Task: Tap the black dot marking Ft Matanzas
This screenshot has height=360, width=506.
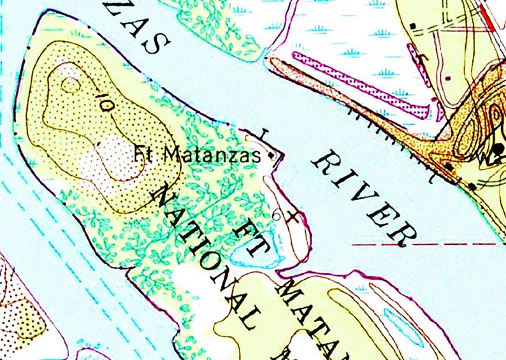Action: pyautogui.click(x=272, y=155)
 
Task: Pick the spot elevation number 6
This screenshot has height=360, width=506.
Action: pyautogui.click(x=276, y=215)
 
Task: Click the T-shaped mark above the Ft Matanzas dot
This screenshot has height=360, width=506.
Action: pyautogui.click(x=264, y=134)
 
